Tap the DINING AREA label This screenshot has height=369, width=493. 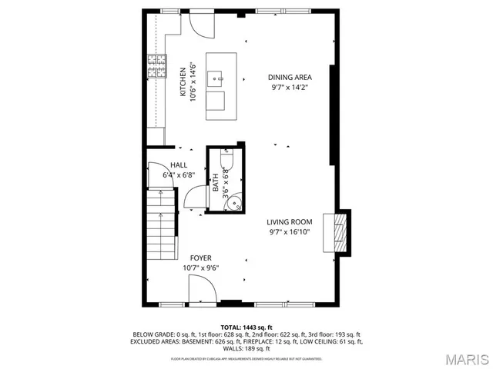click(x=290, y=77)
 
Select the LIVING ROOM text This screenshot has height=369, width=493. click(x=290, y=222)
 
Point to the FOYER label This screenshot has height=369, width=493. click(x=201, y=258)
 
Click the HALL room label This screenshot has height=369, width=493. click(x=179, y=165)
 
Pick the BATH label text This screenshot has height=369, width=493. click(x=216, y=183)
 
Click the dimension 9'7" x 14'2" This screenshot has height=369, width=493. click(x=290, y=87)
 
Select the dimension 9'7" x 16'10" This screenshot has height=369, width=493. click(x=290, y=231)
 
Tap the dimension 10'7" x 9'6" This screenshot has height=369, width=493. click(x=201, y=268)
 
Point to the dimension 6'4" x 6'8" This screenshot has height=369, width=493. click(x=179, y=175)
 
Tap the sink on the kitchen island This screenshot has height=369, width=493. click(x=220, y=76)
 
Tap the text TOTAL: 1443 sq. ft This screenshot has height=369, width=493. click(x=246, y=327)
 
